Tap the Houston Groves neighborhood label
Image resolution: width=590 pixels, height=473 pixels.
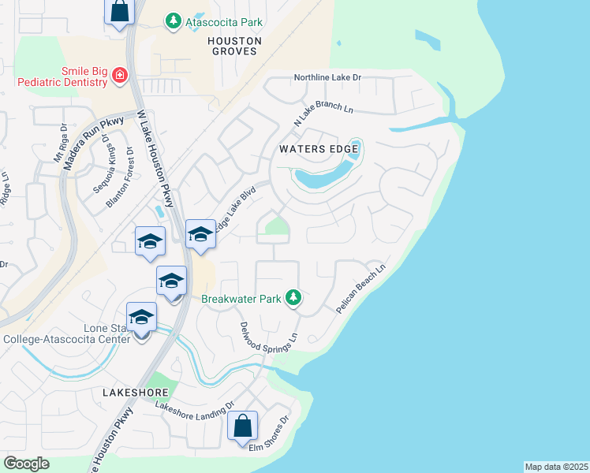[x=233, y=45]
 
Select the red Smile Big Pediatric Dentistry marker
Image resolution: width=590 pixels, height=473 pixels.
[x=119, y=76]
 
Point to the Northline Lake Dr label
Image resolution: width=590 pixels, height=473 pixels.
[x=327, y=78]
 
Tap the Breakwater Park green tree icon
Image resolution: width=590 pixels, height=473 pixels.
[x=293, y=297]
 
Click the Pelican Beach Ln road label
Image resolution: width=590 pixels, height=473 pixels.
[x=360, y=289]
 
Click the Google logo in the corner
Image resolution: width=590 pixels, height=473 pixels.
[x=26, y=464]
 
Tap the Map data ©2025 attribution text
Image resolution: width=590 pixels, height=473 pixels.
[x=556, y=467]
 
